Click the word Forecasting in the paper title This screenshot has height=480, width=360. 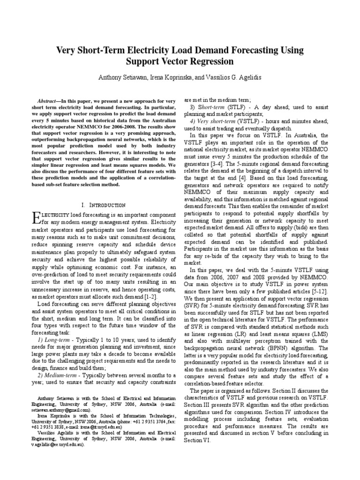pos(251,50)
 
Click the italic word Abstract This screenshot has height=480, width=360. pos(48,101)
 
